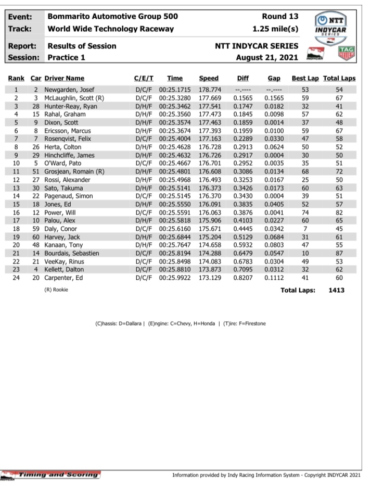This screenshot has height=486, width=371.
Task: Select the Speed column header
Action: pos(209,79)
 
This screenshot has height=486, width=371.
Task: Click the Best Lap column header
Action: pos(305,79)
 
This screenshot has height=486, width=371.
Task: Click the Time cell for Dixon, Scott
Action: pos(174,122)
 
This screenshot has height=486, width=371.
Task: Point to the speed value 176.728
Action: pos(209,147)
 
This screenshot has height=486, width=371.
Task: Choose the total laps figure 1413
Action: pos(337,290)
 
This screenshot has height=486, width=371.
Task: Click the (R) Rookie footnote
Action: pos(56,290)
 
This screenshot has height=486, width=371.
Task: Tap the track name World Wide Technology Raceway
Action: pos(110,28)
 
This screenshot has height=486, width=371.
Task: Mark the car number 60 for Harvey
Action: pos(36,237)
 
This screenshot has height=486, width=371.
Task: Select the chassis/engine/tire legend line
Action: pos(180,323)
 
